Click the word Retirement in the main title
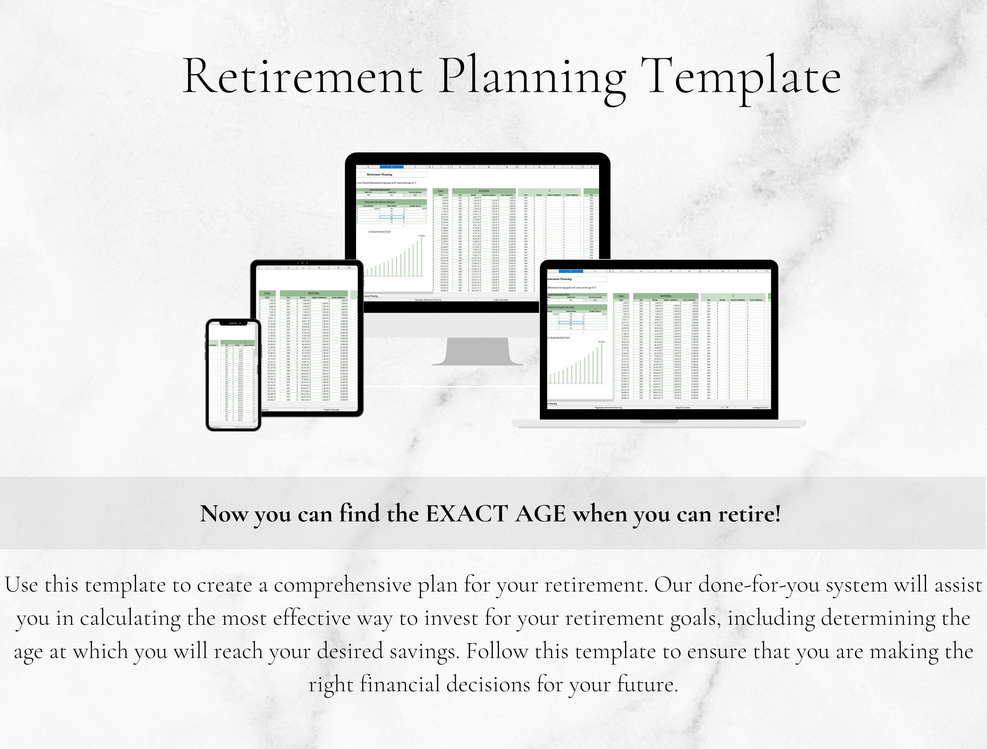(302, 76)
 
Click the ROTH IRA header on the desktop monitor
(484, 191)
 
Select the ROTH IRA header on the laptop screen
(665, 296)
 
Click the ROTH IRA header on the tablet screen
(314, 293)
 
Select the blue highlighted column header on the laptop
(571, 271)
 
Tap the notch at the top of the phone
(233, 323)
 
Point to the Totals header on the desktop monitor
(440, 191)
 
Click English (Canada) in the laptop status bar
(683, 407)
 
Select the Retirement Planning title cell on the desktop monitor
(379, 174)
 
